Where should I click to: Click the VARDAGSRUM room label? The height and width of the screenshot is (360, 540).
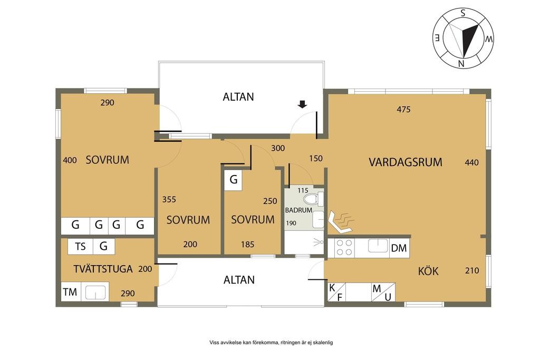406,162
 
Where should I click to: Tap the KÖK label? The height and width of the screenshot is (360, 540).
428,271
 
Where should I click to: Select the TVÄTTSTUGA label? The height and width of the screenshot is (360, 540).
103,269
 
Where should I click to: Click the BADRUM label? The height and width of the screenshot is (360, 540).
298,210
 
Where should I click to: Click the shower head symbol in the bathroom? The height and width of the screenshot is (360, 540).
318,242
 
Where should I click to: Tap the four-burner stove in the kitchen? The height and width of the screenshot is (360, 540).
344,247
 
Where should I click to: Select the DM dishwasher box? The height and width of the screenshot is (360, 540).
399,248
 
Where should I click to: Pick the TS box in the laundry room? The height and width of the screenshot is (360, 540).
81,247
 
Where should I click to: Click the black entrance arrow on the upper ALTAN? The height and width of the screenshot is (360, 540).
302,104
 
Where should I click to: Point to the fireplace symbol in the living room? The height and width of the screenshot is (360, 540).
342,222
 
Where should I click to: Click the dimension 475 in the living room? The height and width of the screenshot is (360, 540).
403,110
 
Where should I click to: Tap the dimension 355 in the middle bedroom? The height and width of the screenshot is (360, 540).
169,199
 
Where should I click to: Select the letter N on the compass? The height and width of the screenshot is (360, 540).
461,63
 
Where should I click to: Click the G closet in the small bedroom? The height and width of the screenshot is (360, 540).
234,179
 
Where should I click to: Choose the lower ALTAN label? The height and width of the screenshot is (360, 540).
239,280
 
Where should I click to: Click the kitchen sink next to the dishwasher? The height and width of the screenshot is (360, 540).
378,246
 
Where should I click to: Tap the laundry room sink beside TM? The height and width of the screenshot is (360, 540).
95,293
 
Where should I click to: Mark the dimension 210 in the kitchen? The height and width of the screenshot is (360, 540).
472,270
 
